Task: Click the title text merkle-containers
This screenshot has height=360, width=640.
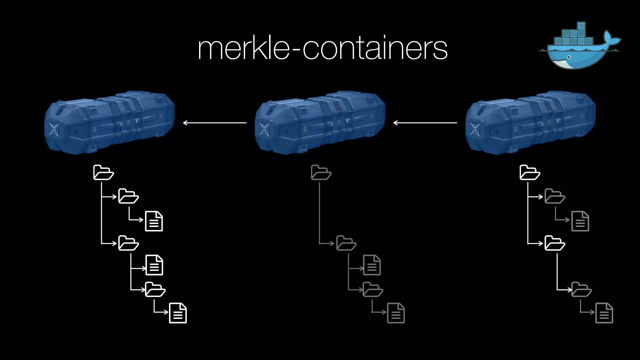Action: coord(322,48)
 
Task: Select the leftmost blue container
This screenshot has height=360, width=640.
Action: coord(109,122)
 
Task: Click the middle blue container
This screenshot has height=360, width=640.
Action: coord(320,122)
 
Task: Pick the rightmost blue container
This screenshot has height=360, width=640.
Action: coord(530,122)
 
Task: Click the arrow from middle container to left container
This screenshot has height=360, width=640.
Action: coord(215,123)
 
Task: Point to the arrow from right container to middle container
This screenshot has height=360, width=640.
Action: coord(425,123)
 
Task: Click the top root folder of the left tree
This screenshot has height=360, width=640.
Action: coord(103,172)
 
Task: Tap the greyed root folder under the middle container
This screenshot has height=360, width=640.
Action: coord(321,172)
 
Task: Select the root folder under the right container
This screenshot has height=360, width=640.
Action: coord(529,172)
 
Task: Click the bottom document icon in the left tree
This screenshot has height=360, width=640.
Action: coord(178,313)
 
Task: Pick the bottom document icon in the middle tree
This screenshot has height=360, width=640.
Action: coord(396,313)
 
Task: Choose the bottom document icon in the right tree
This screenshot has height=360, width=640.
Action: coord(604,313)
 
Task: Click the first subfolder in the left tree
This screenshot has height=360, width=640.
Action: coord(128,196)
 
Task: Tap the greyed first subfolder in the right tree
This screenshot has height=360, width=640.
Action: coord(554,196)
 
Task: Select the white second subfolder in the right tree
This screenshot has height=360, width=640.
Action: coord(554,243)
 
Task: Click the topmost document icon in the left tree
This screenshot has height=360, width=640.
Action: coord(154,221)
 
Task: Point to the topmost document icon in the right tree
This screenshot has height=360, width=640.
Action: coord(580,221)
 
